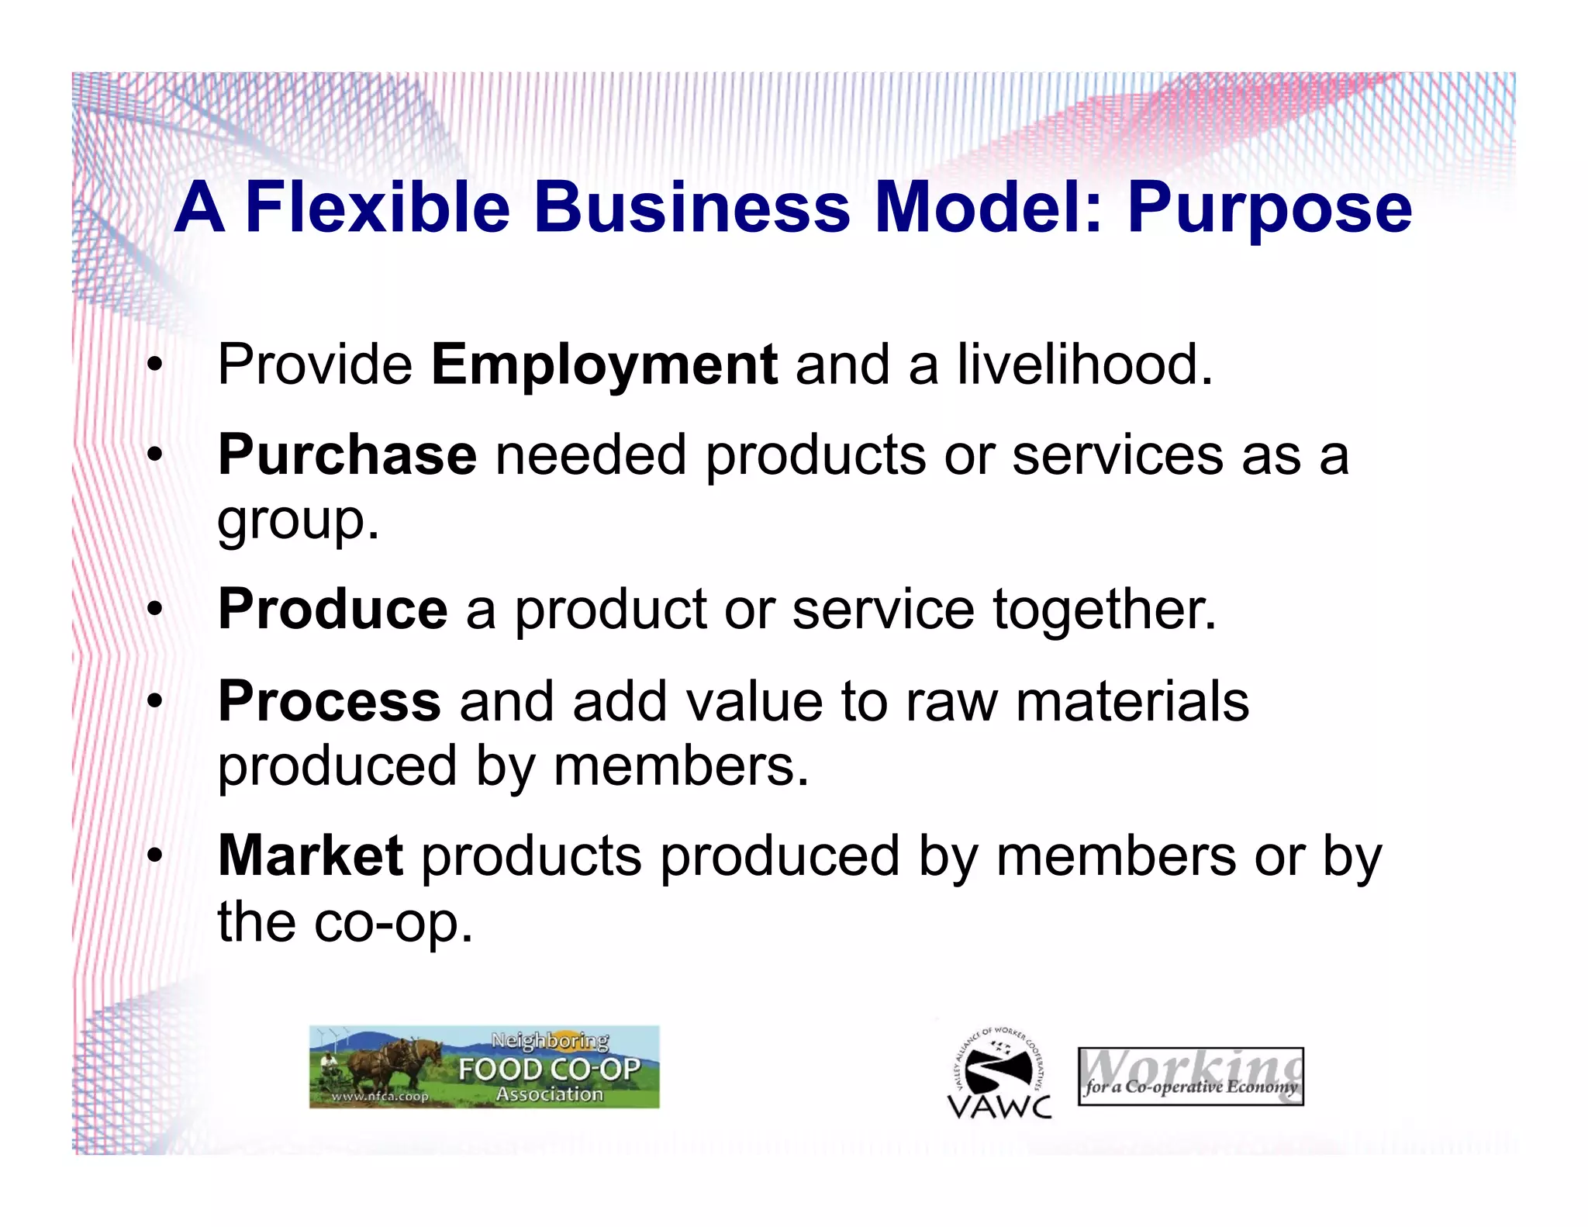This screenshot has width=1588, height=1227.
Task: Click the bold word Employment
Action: coord(604,366)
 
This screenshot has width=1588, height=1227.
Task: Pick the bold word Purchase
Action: coord(347,455)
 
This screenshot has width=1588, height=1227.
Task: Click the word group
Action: coord(298,521)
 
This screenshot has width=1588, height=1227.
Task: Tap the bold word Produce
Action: coord(333,610)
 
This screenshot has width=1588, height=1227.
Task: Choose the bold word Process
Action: coord(330,702)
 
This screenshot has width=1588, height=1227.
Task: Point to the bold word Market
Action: coord(310,856)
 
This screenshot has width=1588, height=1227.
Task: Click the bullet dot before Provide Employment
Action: coord(155,365)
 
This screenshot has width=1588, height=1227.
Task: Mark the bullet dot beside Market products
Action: coord(155,856)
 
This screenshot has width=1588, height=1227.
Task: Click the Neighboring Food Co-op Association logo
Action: coord(485,1066)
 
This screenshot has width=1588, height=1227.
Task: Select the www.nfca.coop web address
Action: coord(379,1097)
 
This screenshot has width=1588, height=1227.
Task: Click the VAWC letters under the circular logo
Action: coord(999,1106)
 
